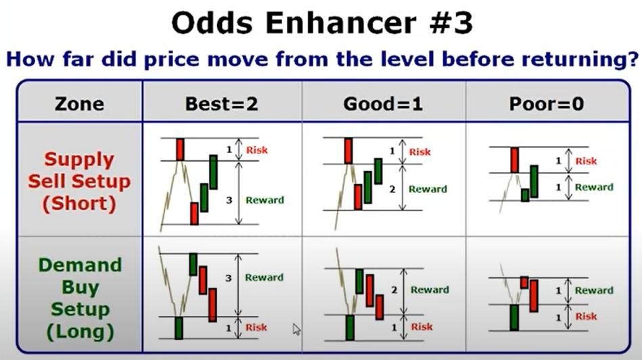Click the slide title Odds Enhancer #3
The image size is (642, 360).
click(322, 22)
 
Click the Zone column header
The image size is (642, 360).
click(79, 104)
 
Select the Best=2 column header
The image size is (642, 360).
click(221, 104)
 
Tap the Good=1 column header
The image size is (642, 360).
click(383, 104)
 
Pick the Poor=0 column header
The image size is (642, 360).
click(547, 104)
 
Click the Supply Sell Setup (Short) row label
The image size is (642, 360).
click(79, 181)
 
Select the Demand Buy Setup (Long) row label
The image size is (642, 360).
click(81, 298)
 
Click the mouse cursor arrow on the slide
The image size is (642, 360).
click(296, 330)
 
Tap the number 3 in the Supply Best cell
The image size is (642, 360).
click(229, 200)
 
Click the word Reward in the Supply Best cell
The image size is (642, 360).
click(265, 200)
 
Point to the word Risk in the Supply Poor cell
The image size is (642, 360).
click(587, 161)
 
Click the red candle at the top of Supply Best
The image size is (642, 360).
click(180, 150)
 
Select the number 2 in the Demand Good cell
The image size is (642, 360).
click(394, 290)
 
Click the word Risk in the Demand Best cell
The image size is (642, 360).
click(256, 328)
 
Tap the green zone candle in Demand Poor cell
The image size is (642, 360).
click(514, 317)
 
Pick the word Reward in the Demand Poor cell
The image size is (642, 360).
click(594, 290)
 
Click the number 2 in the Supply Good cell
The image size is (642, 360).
click(392, 189)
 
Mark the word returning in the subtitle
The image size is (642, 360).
click(580, 60)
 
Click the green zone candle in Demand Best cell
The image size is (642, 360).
click(179, 328)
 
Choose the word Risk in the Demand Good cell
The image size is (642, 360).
click(421, 327)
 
